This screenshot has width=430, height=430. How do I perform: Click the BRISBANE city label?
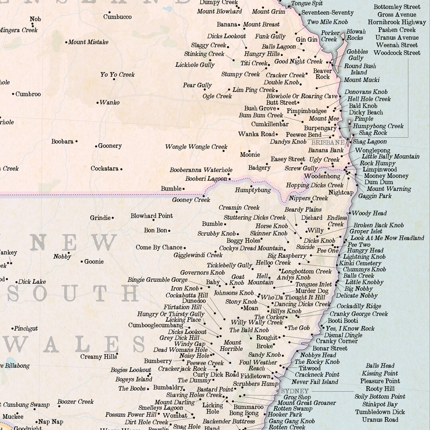coord(328,142)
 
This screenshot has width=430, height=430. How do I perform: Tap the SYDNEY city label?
coord(295,391)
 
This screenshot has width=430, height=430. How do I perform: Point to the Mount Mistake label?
coord(88,42)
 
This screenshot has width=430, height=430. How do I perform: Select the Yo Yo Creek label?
coord(117,74)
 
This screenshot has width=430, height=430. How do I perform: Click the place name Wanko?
coord(109,102)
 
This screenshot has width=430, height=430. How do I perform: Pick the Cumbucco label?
coord(117,17)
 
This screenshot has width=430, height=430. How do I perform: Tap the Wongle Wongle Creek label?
coord(196,147)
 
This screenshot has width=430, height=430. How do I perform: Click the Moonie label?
coord(250,154)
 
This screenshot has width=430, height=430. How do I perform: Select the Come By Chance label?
coord(159,247)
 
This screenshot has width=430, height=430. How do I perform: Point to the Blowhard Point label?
coord(152,216)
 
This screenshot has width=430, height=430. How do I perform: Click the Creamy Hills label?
coord(99,356)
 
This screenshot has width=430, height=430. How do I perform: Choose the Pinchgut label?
coord(26,328)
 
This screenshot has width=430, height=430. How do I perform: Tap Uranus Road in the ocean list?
coord(380,419)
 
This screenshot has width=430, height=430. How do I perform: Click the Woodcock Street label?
coord(397,53)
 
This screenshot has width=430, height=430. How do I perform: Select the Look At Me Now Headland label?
coord(387,238)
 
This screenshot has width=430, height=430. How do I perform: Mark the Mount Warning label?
coord(389,189)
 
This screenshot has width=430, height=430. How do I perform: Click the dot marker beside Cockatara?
coord(121,169)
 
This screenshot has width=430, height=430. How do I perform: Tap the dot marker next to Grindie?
coord(113,218)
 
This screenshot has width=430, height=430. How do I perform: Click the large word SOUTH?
coord(73,293)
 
